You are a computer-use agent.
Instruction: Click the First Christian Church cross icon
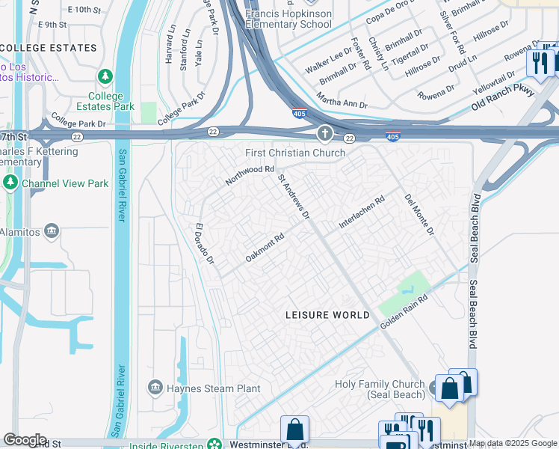click(324, 135)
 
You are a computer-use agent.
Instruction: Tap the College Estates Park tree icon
click(105, 77)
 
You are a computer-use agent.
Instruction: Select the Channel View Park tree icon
click(10, 183)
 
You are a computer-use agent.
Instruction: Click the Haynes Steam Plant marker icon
click(155, 387)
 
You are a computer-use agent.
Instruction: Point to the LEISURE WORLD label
click(327, 315)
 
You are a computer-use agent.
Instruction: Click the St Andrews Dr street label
click(294, 198)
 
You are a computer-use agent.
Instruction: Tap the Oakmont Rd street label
click(265, 248)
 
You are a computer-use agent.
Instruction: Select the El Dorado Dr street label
click(205, 244)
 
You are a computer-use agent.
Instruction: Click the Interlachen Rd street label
click(362, 212)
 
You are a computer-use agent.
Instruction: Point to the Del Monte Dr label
click(419, 216)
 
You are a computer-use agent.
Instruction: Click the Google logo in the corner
click(25, 439)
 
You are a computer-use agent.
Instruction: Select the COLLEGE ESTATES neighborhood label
click(49, 48)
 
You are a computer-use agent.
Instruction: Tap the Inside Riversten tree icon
click(214, 444)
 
